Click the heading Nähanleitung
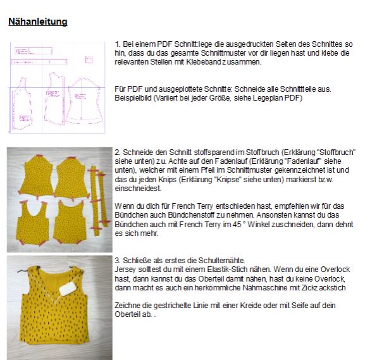click(37, 22)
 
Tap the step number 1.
click(117, 44)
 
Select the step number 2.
click(118, 152)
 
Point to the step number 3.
click(117, 260)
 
